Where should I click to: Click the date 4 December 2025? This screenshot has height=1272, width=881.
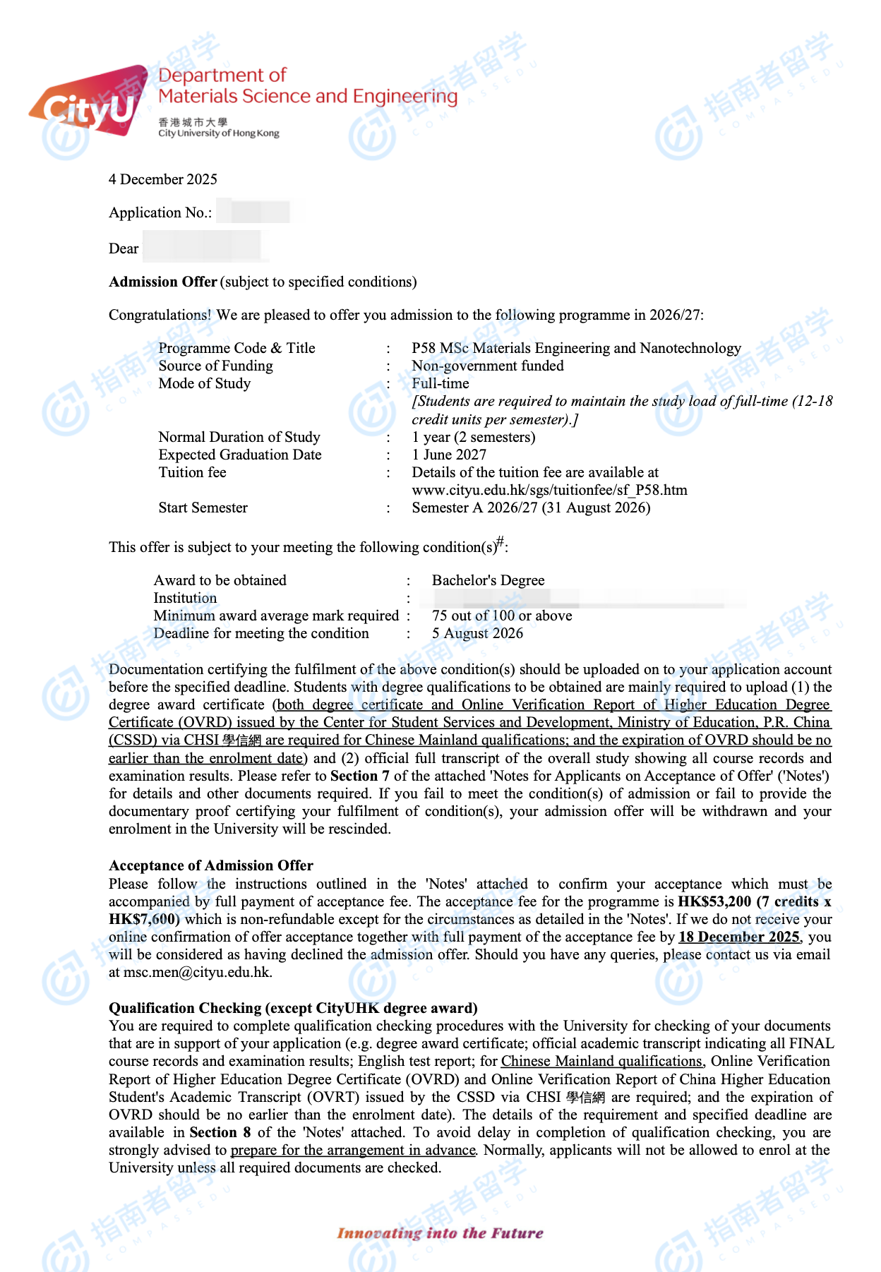pyautogui.click(x=163, y=179)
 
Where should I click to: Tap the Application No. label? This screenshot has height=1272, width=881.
pyautogui.click(x=160, y=212)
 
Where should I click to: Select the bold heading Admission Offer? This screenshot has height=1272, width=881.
pyautogui.click(x=163, y=282)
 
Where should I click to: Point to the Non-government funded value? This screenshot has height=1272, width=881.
pyautogui.click(x=488, y=366)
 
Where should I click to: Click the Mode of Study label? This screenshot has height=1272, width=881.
pyautogui.click(x=205, y=383)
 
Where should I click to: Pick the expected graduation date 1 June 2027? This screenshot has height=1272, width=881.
pyautogui.click(x=449, y=455)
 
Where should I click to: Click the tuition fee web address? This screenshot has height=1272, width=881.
pyautogui.click(x=549, y=490)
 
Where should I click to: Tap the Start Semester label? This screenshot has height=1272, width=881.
pyautogui.click(x=203, y=508)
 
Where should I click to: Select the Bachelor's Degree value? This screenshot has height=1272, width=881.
pyautogui.click(x=489, y=580)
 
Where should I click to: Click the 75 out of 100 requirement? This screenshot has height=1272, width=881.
pyautogui.click(x=502, y=616)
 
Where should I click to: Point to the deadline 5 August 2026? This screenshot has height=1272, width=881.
pyautogui.click(x=478, y=633)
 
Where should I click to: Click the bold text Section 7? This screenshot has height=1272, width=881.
pyautogui.click(x=360, y=776)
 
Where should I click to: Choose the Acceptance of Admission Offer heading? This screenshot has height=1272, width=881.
pyautogui.click(x=211, y=865)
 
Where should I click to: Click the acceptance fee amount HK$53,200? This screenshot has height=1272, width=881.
pyautogui.click(x=714, y=901)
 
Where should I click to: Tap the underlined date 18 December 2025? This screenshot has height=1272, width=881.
pyautogui.click(x=738, y=937)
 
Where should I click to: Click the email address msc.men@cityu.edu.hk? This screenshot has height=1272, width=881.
pyautogui.click(x=197, y=972)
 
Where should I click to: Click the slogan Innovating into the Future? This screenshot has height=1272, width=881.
pyautogui.click(x=440, y=1233)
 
